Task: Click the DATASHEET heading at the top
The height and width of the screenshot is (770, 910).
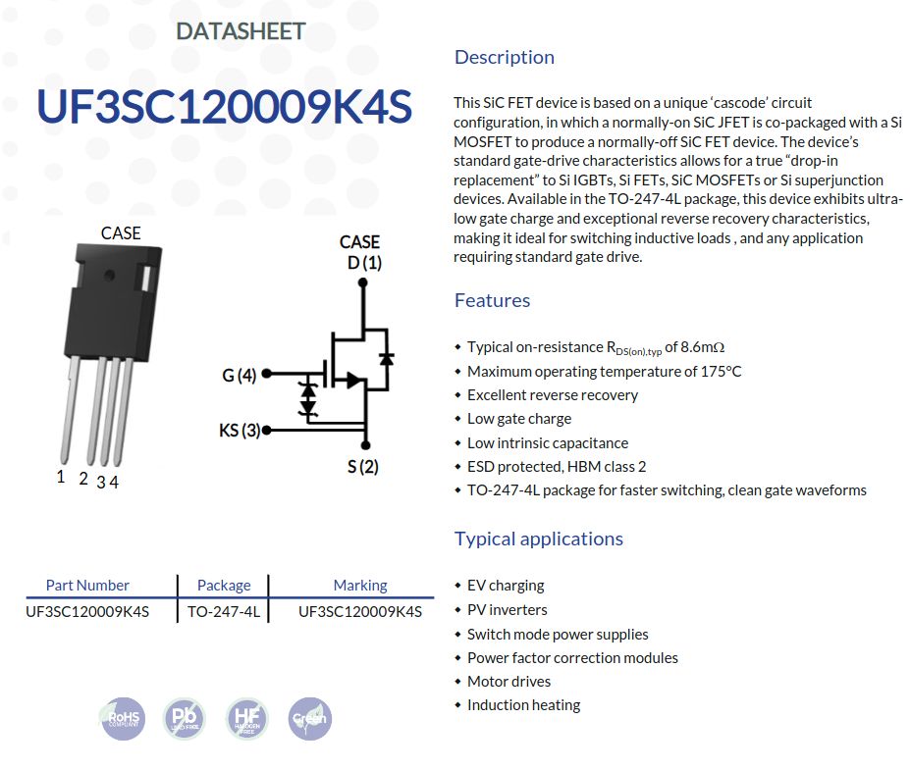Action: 241,30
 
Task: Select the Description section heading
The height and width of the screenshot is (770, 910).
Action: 504,57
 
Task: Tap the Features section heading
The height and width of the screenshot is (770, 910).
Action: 492,300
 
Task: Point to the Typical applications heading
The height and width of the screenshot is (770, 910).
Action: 538,539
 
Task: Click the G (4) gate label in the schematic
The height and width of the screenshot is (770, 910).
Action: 239,375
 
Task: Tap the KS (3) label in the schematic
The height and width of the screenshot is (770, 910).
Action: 240,430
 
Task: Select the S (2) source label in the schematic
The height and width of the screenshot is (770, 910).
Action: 362,466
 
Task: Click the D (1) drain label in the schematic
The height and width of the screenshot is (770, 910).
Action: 364,263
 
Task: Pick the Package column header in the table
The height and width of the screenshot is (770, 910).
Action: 224,585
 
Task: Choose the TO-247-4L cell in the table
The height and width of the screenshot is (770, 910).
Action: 224,611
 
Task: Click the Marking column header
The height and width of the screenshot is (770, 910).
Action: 360,585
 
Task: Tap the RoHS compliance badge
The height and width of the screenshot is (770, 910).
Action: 123,719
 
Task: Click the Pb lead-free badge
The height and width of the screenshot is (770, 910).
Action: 184,719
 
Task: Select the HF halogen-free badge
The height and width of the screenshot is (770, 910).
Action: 246,719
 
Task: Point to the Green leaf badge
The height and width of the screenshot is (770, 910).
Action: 309,719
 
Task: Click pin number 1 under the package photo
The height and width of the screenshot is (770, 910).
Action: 61,477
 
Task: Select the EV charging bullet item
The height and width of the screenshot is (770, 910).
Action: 505,585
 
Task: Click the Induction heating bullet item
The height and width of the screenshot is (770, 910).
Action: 523,704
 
